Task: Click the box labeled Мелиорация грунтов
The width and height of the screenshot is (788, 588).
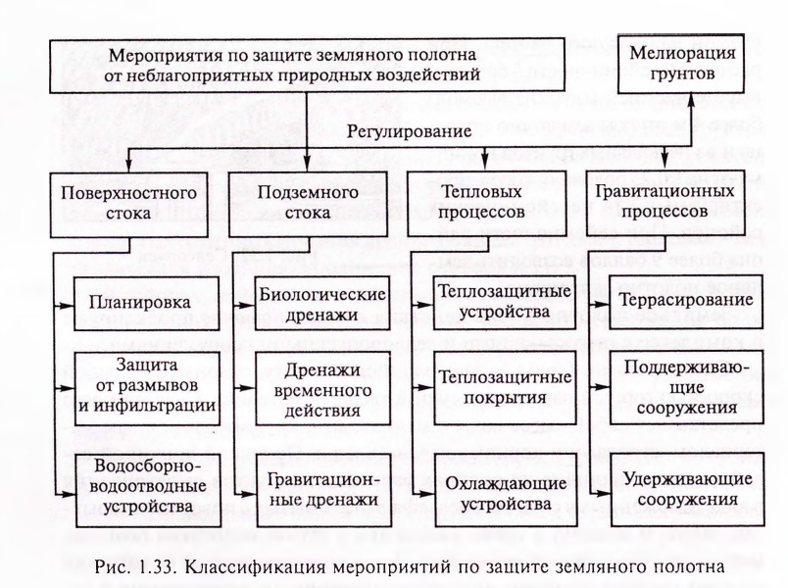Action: (680, 64)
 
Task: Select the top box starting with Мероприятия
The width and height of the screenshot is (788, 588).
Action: (307, 66)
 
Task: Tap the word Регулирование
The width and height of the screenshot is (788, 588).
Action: (409, 131)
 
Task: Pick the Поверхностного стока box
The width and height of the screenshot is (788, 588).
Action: (128, 205)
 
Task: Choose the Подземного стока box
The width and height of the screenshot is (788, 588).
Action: (308, 204)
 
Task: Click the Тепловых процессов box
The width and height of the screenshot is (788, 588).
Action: (486, 204)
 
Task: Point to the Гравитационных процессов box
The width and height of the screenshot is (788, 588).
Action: (665, 203)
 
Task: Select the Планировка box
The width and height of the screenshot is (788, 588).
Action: (147, 304)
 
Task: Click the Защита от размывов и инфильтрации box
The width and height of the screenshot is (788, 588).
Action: (147, 389)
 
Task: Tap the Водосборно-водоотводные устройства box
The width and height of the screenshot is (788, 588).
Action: (148, 491)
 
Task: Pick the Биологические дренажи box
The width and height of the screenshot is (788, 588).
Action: (322, 303)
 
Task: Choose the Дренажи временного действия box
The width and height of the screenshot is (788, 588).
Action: (322, 388)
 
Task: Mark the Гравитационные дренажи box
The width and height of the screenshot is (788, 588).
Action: (324, 490)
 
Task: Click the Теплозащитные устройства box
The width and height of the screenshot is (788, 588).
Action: (505, 302)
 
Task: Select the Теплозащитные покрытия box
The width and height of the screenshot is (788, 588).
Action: (505, 388)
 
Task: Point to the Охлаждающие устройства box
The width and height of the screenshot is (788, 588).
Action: (506, 489)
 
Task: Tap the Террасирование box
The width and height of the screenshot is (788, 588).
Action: (686, 302)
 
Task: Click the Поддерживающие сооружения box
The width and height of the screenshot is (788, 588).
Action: (686, 387)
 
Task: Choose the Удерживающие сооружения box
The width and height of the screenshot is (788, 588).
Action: (688, 489)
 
